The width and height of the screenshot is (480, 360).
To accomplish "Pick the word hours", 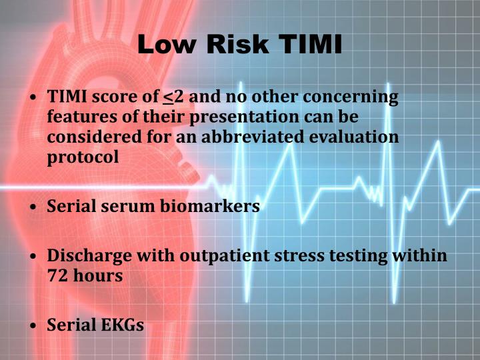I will pyautogui.click(x=98, y=275).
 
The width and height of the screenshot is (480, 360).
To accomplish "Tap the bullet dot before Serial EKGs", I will pyautogui.click(x=34, y=326).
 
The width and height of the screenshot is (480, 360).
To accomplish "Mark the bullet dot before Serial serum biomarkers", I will pyautogui.click(x=34, y=207).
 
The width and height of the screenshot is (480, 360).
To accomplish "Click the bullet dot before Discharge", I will pyautogui.click(x=34, y=257).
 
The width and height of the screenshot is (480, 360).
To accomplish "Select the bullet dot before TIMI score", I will pyautogui.click(x=34, y=98).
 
